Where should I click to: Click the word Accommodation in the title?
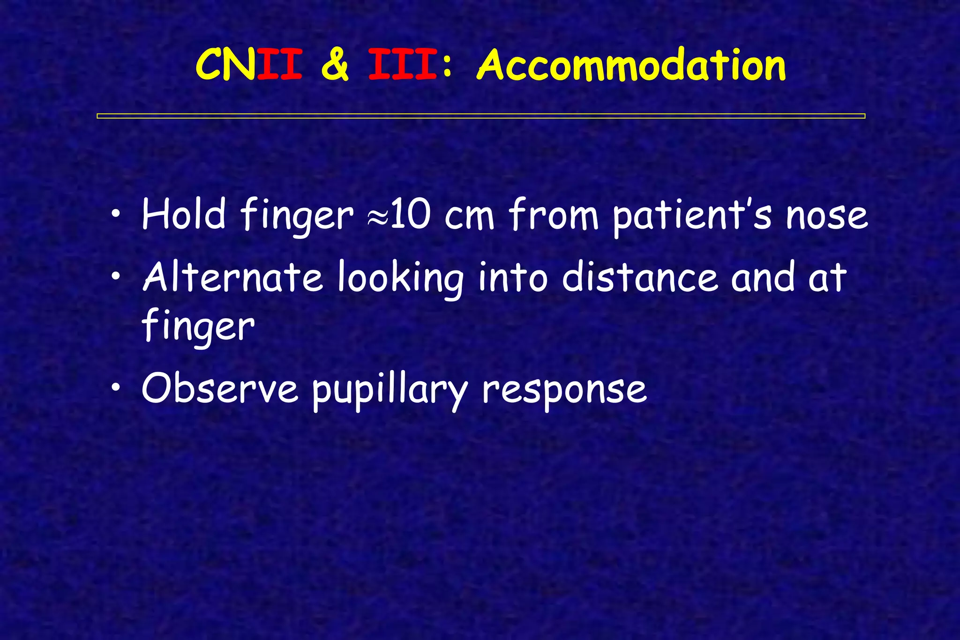click(631, 66)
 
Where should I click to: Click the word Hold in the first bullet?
click(183, 215)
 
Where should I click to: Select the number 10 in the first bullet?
click(409, 215)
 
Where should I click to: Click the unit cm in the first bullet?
click(469, 216)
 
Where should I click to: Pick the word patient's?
click(692, 216)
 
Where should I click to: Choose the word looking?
click(400, 279)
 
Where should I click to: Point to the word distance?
click(640, 277)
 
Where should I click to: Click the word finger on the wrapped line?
click(198, 327)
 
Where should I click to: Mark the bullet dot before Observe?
click(116, 388)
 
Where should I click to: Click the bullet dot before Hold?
click(116, 215)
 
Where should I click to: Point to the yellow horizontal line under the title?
click(480, 116)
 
